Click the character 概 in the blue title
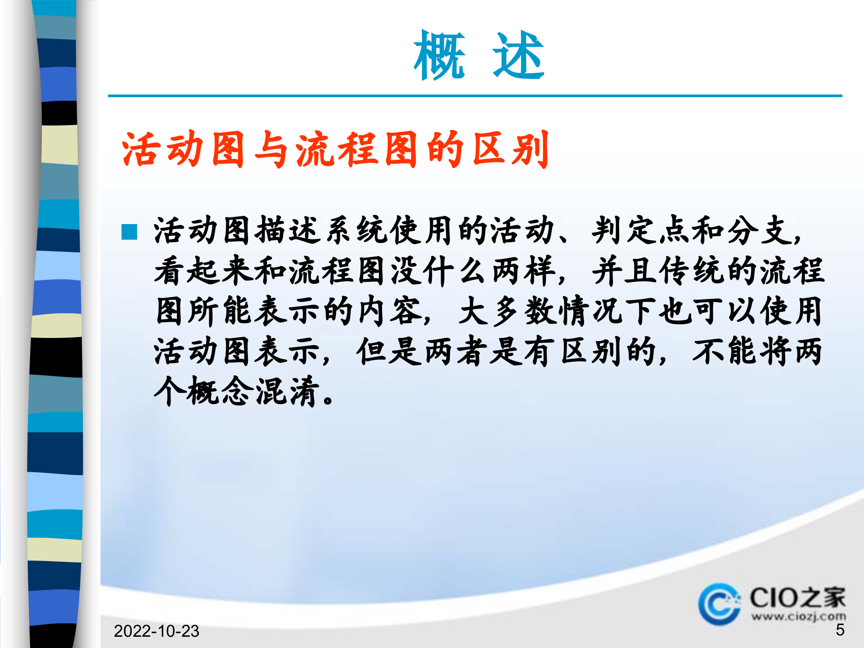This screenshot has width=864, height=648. pyautogui.click(x=439, y=56)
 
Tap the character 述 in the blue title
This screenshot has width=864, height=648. pyautogui.click(x=518, y=56)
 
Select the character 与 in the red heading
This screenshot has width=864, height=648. pyautogui.click(x=271, y=149)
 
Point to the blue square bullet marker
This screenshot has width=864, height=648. pyautogui.click(x=129, y=232)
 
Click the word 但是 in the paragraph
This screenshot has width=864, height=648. pyautogui.click(x=390, y=351)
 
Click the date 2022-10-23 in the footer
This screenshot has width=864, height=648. pyautogui.click(x=156, y=631)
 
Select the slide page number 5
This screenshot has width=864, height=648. pyautogui.click(x=840, y=630)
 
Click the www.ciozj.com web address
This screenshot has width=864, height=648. pyautogui.click(x=798, y=616)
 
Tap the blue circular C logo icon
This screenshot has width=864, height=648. pyautogui.click(x=719, y=604)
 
